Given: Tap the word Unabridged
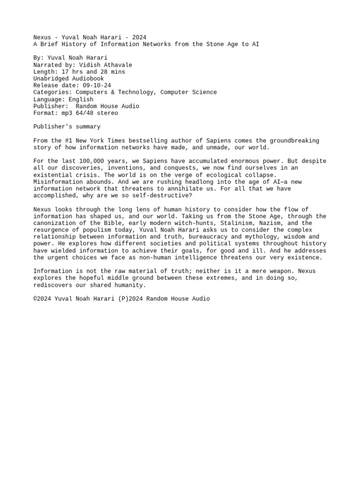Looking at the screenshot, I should (x=51, y=79).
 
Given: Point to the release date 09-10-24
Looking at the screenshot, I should (x=95, y=86).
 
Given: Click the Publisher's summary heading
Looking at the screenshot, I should (x=67, y=127).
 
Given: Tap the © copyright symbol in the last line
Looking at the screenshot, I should (x=35, y=299).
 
